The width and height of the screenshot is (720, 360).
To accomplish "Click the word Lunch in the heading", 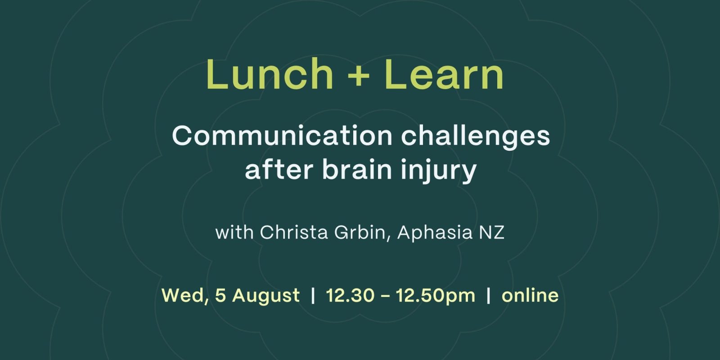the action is pyautogui.click(x=270, y=74).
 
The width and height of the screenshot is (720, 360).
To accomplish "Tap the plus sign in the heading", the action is pyautogui.click(x=359, y=77).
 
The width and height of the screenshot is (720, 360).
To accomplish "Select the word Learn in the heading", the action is pyautogui.click(x=444, y=74).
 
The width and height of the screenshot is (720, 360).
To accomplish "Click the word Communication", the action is pyautogui.click(x=282, y=136).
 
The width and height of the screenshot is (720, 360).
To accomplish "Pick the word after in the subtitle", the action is pyautogui.click(x=279, y=169).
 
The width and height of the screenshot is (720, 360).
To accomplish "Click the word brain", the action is pyautogui.click(x=357, y=169).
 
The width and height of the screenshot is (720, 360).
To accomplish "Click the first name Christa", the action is pyautogui.click(x=294, y=232).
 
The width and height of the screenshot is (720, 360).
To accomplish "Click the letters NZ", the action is pyautogui.click(x=492, y=232).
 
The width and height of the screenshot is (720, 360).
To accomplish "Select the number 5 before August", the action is pyautogui.click(x=220, y=295).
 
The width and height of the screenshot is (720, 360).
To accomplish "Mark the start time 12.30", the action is pyautogui.click(x=350, y=295).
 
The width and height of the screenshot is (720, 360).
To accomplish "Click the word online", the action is pyautogui.click(x=530, y=295).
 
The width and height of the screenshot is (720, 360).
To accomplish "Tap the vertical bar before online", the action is pyautogui.click(x=489, y=295).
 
